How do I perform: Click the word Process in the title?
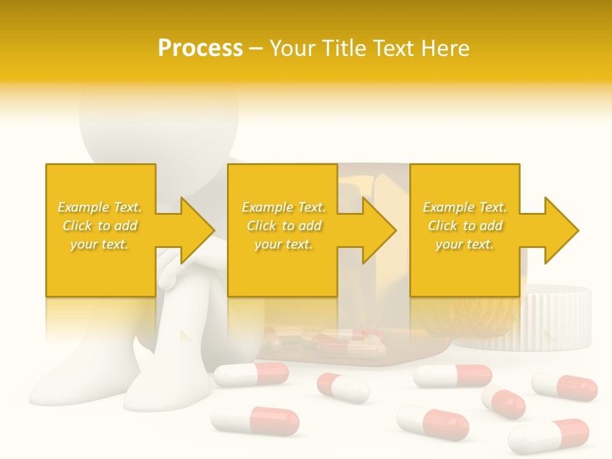pyautogui.click(x=200, y=48)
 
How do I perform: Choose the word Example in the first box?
pyautogui.click(x=84, y=207)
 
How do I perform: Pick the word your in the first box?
pyautogui.click(x=83, y=244)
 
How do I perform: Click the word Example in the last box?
pyautogui.click(x=449, y=207)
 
